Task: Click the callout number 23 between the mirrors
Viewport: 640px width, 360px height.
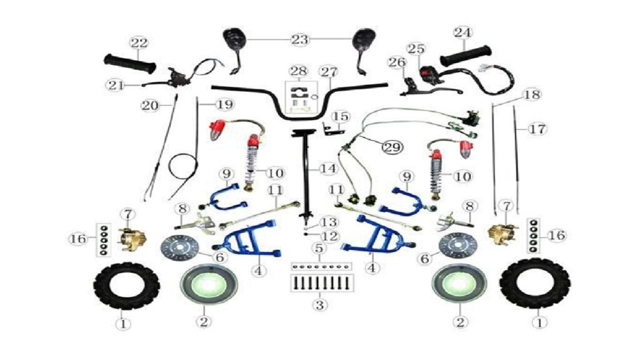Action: (299, 39)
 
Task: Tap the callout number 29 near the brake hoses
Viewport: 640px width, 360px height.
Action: (392, 147)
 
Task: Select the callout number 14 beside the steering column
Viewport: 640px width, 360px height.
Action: (329, 168)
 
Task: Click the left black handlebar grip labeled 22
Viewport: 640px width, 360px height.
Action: (130, 64)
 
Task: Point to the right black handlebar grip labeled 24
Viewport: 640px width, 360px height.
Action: (465, 56)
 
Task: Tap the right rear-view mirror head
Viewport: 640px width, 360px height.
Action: (364, 39)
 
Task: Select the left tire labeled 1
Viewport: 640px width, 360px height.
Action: (126, 286)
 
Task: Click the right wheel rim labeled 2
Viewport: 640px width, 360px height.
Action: (459, 283)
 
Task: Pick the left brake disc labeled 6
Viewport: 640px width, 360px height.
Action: (179, 247)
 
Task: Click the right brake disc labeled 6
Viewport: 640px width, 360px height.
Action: (457, 246)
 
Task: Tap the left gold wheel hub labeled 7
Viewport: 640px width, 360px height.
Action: (131, 239)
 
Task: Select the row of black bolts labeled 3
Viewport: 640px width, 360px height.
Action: (322, 282)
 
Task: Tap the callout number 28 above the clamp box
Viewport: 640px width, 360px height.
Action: (298, 71)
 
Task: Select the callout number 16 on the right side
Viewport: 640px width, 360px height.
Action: (557, 235)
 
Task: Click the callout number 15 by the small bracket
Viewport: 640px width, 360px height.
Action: (341, 117)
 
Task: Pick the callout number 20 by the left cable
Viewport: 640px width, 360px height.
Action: (150, 105)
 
